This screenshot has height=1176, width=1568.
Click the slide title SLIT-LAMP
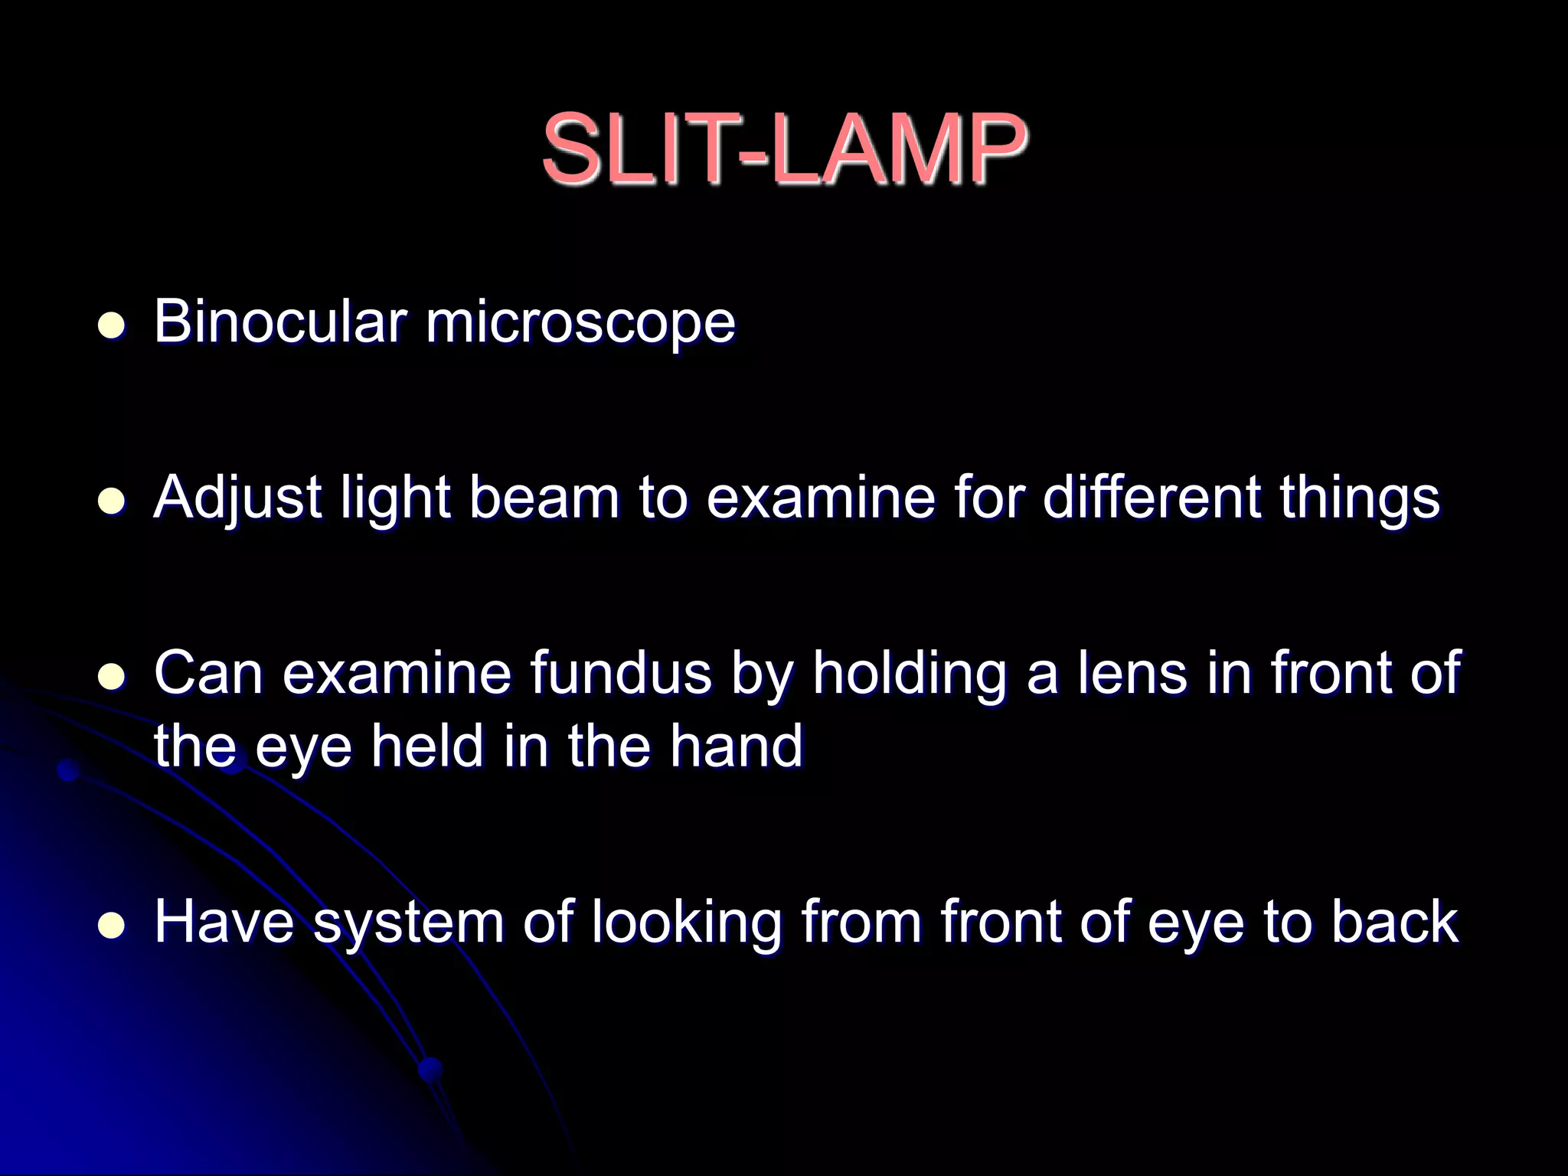[x=784, y=149]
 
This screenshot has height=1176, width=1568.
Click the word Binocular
[x=280, y=322]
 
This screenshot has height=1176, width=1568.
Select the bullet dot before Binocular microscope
[x=112, y=326]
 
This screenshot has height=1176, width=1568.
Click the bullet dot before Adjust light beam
[x=112, y=501]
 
